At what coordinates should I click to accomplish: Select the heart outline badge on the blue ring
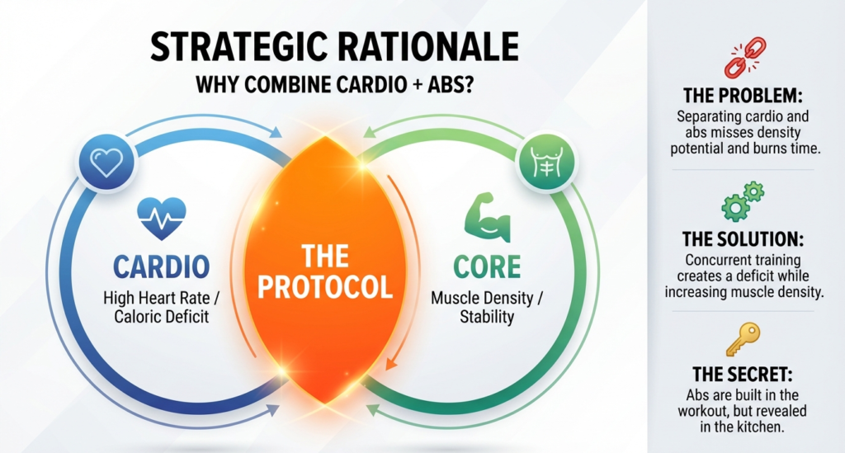pos(106,162)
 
